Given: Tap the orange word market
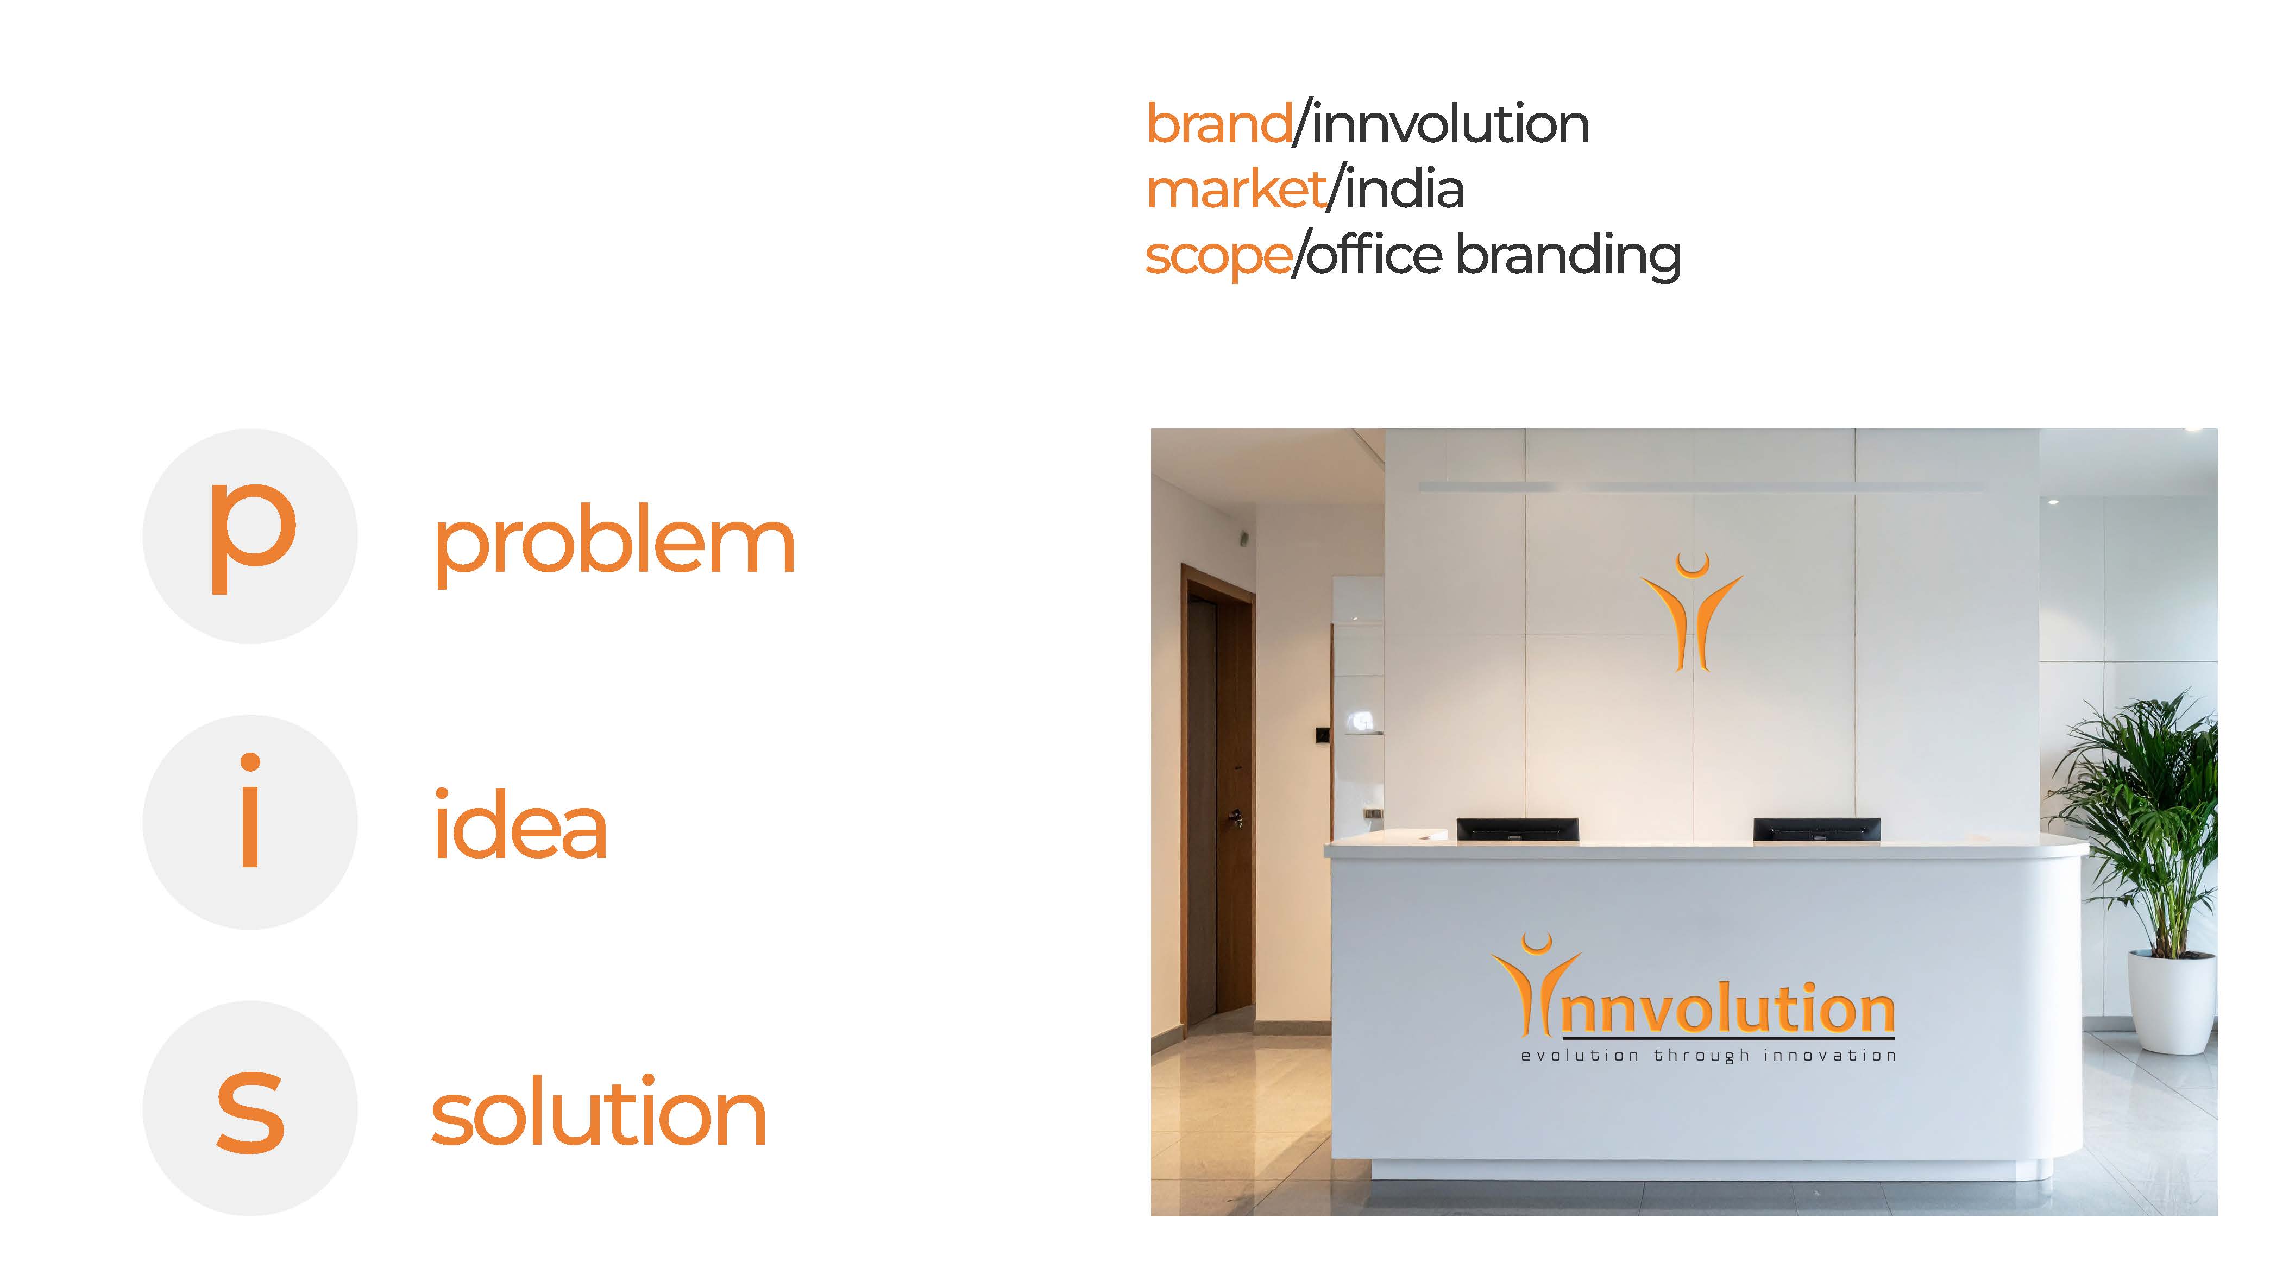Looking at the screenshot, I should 1236,190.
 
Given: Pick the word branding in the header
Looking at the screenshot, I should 1568,256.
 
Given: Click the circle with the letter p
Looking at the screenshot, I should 250,537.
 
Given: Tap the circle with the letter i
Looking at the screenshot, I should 250,823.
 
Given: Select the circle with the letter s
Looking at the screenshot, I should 250,1108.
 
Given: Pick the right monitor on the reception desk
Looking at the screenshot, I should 1816,829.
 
